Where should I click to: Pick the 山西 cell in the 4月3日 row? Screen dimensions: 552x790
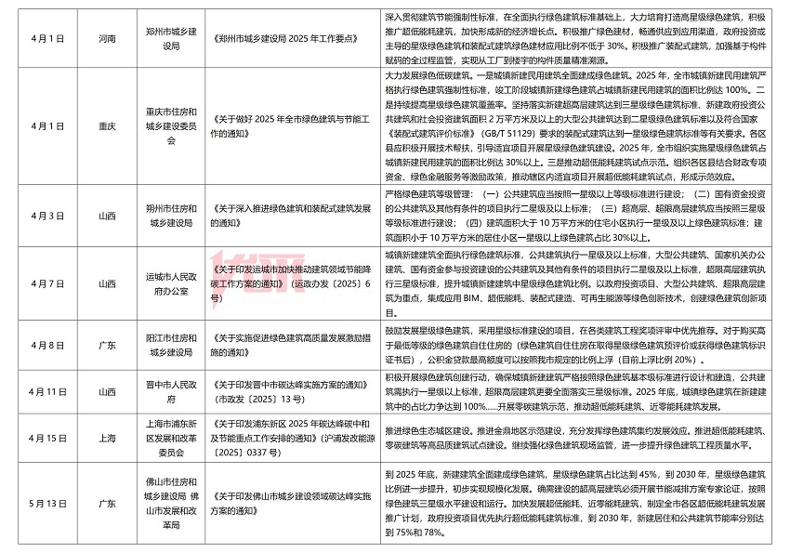[107, 216]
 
